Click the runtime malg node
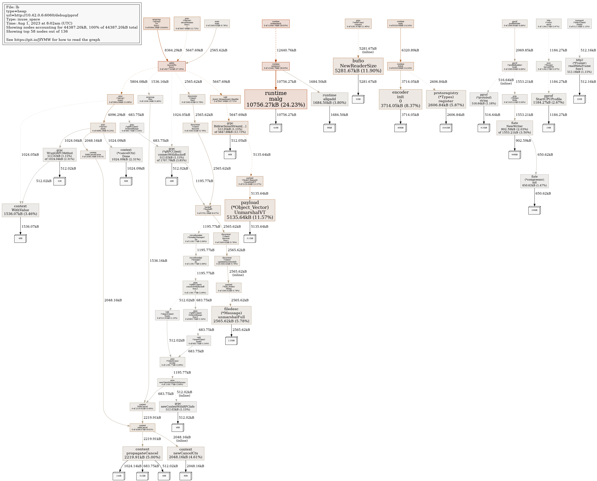tap(276, 99)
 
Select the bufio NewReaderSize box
tap(358, 66)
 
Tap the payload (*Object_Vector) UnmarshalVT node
tap(250, 210)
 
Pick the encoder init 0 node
tap(400, 99)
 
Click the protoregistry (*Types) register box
tap(446, 99)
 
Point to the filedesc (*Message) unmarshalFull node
tap(231, 315)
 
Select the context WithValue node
tap(20, 210)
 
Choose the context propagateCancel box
tap(142, 453)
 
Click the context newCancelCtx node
tap(186, 453)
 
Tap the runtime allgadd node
tap(329, 99)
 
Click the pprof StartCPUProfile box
tap(549, 99)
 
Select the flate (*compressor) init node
tap(534, 181)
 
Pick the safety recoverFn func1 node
tap(172, 66)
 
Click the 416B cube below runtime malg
tap(276, 128)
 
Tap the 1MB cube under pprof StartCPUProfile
tap(549, 128)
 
